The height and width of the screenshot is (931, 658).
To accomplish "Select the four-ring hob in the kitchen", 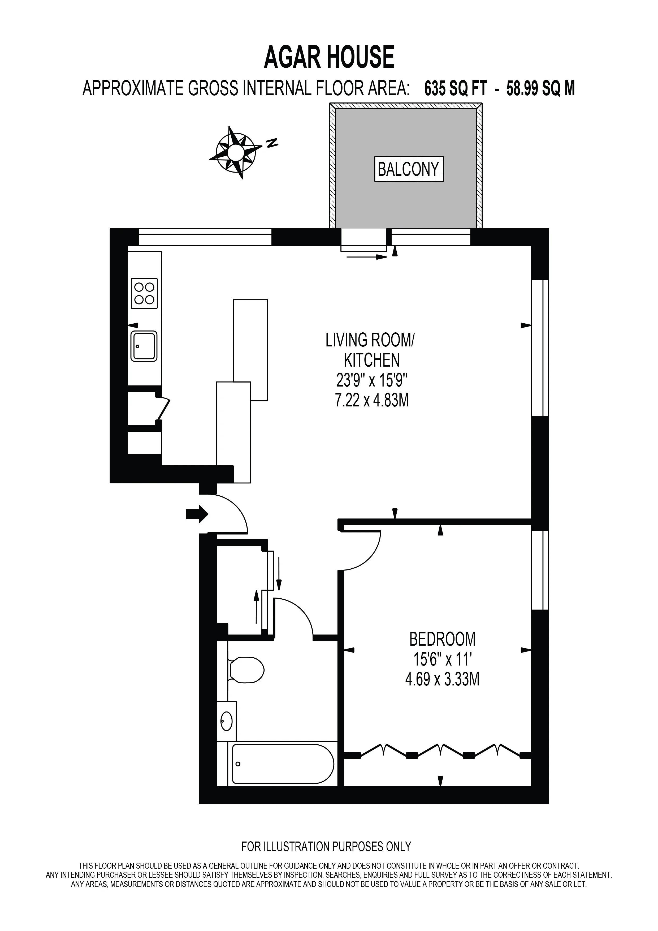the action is point(144,293).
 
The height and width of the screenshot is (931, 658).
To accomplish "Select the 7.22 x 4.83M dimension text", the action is point(371,401).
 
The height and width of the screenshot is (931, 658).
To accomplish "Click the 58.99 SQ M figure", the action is point(540,88).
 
